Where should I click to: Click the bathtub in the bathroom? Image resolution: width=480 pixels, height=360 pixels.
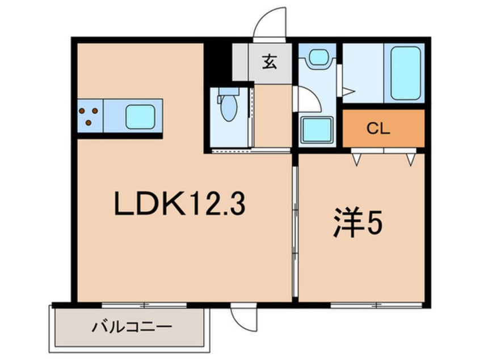pos(406,73)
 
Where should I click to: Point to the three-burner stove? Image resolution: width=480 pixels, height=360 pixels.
pos(89,116)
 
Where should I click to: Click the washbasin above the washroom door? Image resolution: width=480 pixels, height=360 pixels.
pos(318,57)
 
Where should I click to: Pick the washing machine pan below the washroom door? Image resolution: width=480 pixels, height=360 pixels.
pos(316,130)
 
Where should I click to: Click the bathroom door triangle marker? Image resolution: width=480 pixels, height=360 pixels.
pos(348,90)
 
